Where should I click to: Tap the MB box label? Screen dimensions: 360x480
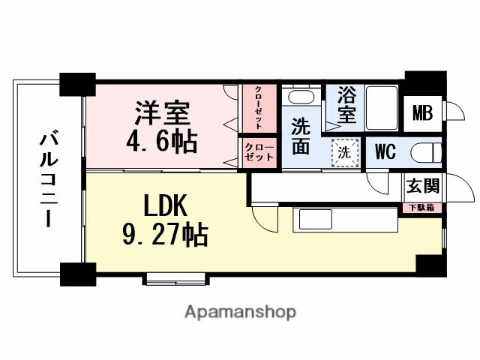point(422,115)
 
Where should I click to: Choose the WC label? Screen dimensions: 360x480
point(385,151)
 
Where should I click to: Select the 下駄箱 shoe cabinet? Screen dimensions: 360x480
point(422,206)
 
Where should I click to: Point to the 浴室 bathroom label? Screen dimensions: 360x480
point(346,106)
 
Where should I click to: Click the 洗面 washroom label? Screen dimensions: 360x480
point(301,136)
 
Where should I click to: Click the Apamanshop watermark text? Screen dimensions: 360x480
point(240,311)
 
